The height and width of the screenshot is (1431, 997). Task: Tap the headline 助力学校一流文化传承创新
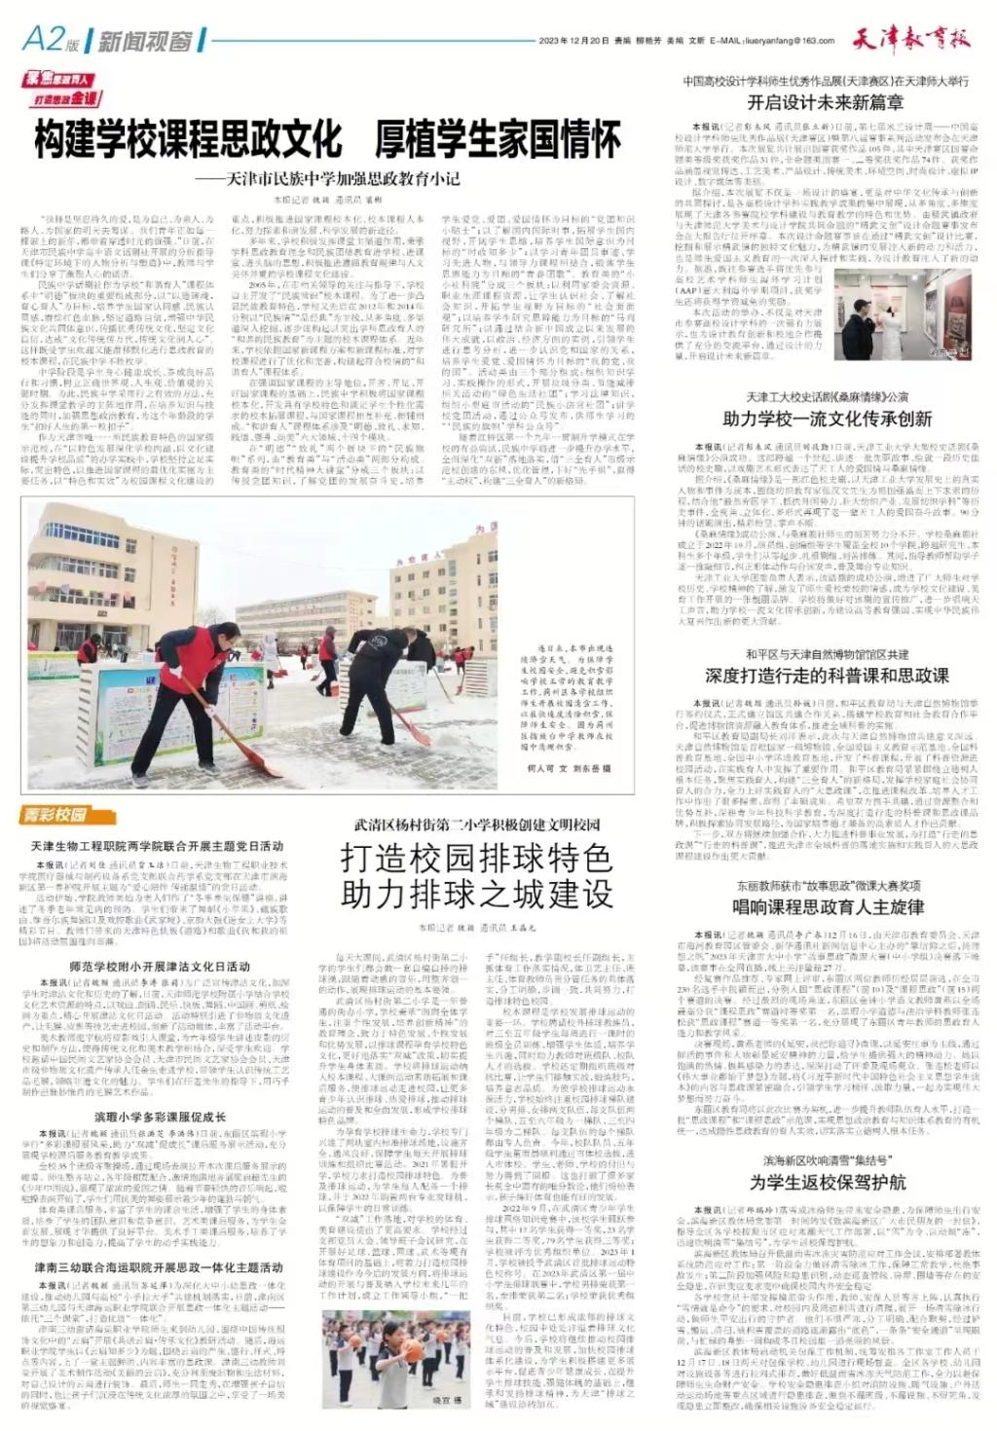827,420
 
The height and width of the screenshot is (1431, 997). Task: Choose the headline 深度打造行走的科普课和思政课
827,675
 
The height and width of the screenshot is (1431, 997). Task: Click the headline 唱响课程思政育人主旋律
827,908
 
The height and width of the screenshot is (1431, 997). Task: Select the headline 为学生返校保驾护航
827,1182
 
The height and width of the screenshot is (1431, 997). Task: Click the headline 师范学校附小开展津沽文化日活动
160,968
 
